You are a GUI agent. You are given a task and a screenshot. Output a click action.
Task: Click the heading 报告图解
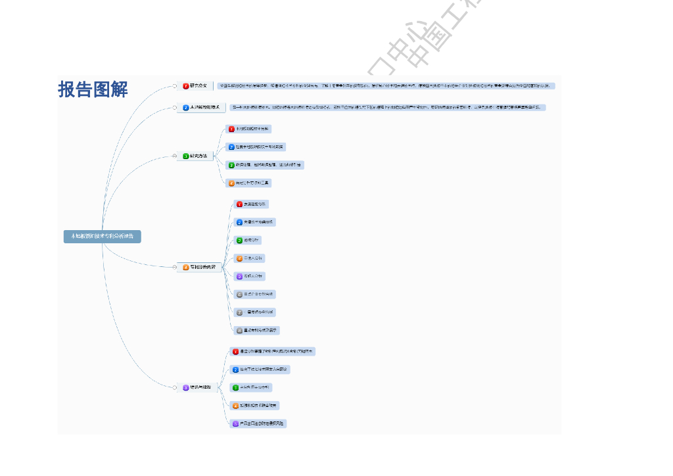[93, 89]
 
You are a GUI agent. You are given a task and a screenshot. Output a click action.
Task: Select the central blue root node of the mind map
[102, 236]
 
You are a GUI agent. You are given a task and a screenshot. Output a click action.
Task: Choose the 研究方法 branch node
[197, 156]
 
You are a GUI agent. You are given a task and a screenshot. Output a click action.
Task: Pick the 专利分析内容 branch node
[200, 267]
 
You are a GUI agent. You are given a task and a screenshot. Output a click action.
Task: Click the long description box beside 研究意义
[386, 85]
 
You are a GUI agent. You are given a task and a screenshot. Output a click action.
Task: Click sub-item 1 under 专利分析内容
[252, 204]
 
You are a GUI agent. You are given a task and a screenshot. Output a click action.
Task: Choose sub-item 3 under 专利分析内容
[248, 240]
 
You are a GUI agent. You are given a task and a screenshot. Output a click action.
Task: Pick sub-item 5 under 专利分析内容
[250, 276]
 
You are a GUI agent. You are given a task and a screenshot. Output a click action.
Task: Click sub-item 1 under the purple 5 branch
[273, 352]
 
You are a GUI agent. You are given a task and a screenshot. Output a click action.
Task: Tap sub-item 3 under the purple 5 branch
[251, 387]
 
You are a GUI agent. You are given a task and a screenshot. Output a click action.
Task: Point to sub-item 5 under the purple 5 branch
[259, 423]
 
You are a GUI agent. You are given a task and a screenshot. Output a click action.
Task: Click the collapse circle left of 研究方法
[175, 156]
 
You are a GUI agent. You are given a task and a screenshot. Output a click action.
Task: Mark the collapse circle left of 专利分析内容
[175, 267]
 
